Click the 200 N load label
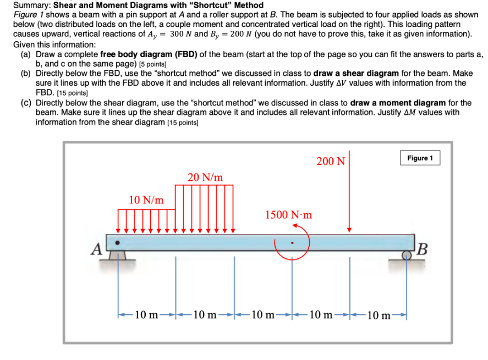331,161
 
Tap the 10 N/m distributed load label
146,200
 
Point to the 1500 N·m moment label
288,214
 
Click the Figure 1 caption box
420,158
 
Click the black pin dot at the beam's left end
117,241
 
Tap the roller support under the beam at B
408,256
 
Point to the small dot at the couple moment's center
293,242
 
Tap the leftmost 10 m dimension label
146,315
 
